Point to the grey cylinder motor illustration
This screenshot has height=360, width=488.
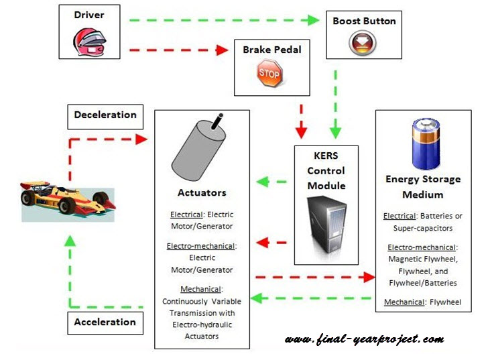pos(199,147)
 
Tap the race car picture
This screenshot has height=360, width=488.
pos(67,198)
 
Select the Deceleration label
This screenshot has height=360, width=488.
pos(105,115)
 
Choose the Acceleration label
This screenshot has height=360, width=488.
pos(105,322)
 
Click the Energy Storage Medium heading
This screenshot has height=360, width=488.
pos(423,187)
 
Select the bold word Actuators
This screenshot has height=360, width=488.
pos(202,193)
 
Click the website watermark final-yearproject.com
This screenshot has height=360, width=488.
pos(364,339)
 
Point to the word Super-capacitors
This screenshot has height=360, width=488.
pos(423,229)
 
